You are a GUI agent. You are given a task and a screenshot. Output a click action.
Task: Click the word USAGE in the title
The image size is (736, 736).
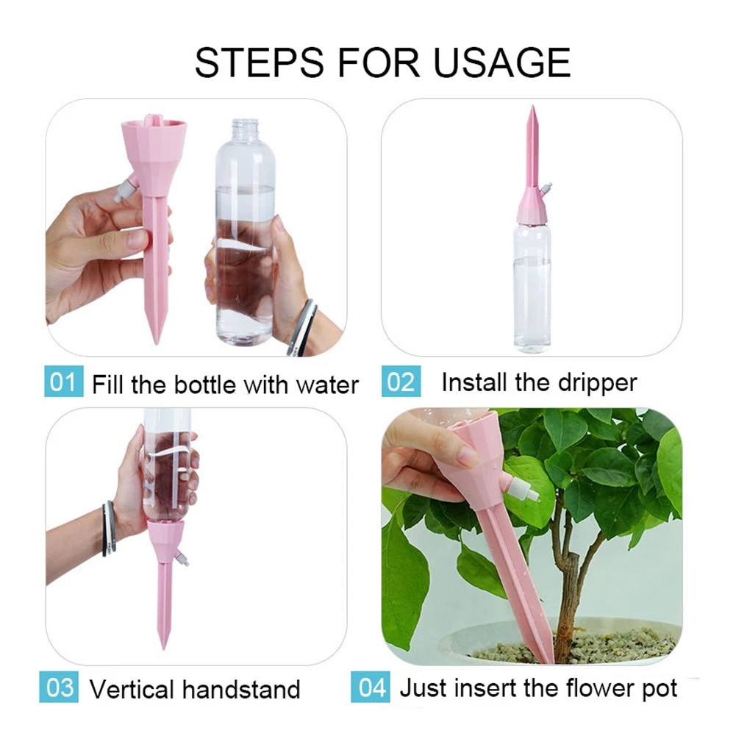[x=501, y=62]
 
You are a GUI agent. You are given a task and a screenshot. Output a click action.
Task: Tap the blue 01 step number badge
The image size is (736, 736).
[x=64, y=382]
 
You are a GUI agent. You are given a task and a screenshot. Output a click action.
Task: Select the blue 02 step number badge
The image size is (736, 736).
[x=401, y=382]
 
